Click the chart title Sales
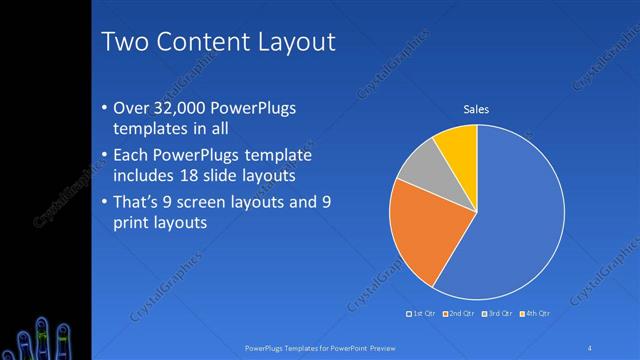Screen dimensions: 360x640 (475, 109)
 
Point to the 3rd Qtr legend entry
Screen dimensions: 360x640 (497, 314)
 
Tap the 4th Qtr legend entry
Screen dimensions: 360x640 (535, 314)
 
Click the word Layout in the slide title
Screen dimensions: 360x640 (292, 41)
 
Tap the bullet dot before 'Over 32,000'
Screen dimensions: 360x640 (106, 108)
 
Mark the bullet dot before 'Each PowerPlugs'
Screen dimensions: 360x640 (106, 157)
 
